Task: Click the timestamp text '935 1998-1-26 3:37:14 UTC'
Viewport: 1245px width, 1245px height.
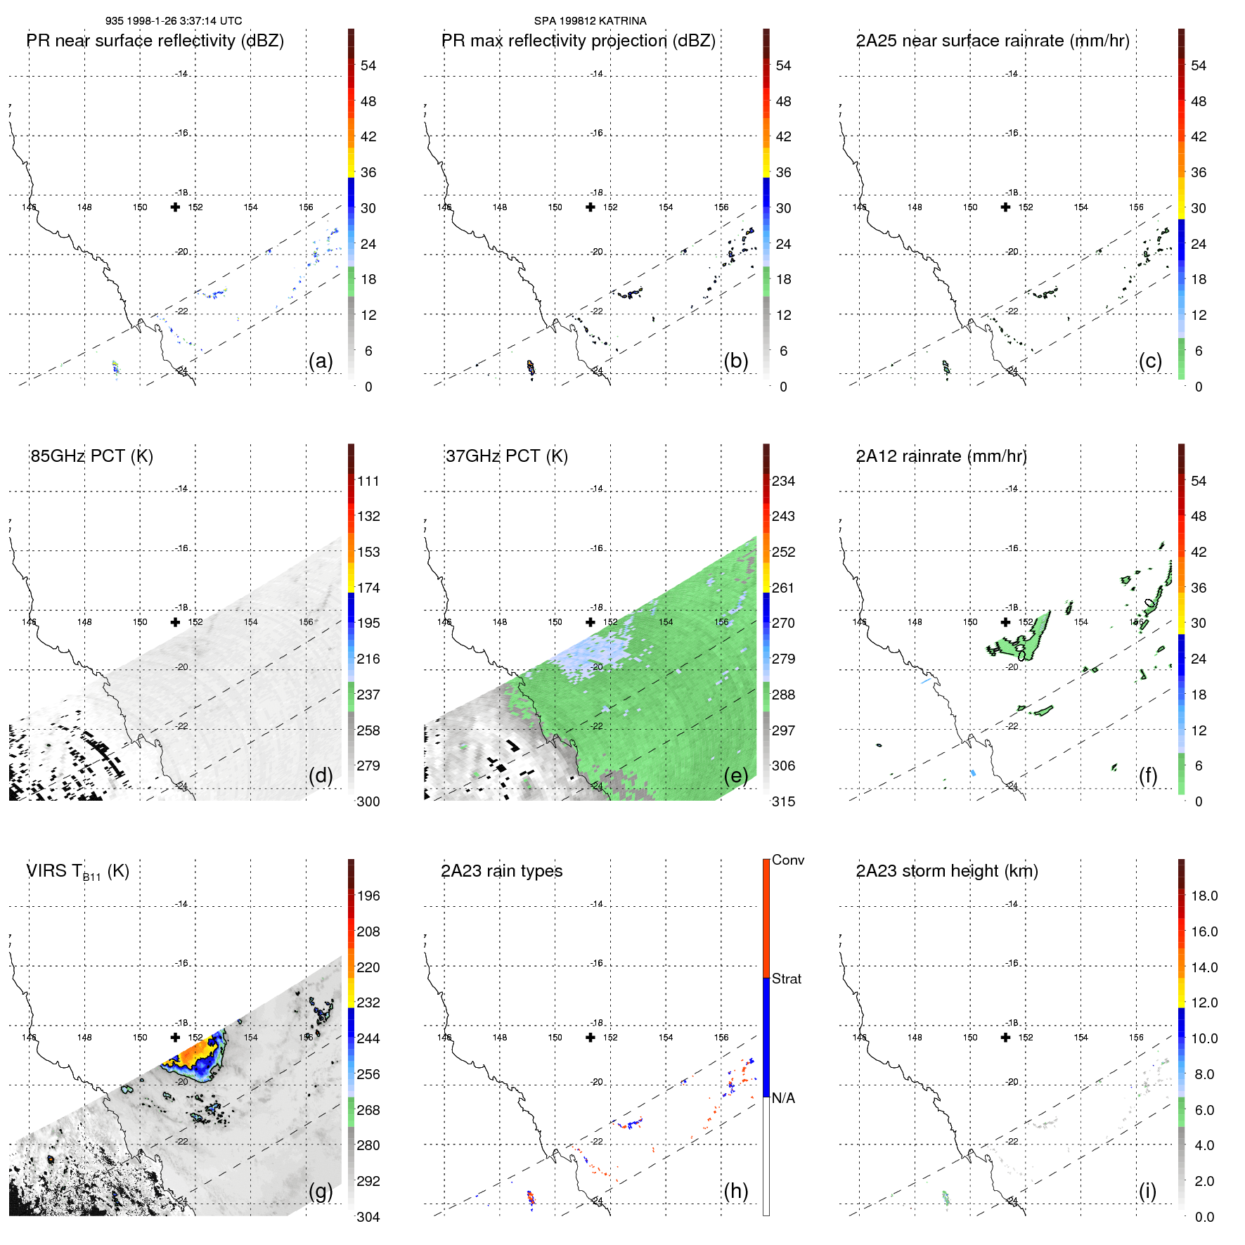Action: [174, 21]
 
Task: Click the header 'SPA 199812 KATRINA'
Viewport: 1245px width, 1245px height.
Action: [590, 21]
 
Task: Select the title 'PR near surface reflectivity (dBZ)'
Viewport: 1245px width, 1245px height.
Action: [155, 41]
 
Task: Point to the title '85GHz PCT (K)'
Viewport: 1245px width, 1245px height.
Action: [91, 456]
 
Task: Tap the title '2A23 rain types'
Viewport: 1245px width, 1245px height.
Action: [501, 871]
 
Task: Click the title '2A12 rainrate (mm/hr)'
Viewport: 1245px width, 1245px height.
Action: [941, 456]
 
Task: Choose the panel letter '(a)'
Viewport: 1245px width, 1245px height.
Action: [321, 361]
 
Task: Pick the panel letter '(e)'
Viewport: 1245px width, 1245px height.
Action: [735, 775]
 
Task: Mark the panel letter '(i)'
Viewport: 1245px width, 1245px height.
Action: [1147, 1191]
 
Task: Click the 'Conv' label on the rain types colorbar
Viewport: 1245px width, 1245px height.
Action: [787, 860]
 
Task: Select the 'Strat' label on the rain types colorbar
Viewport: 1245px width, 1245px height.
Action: [786, 979]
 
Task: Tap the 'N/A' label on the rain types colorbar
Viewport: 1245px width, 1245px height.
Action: [783, 1098]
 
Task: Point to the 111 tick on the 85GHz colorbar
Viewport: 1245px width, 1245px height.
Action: [368, 481]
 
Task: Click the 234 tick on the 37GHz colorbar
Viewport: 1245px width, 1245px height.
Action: [783, 481]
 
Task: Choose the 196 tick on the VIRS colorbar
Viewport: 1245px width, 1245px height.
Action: [368, 896]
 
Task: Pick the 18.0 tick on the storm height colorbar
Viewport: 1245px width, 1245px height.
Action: [1204, 896]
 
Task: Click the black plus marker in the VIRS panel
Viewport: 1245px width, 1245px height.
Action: [175, 1037]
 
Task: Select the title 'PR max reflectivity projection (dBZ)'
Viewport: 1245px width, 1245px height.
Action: [578, 41]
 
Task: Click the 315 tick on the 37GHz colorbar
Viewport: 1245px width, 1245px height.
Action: [783, 801]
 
